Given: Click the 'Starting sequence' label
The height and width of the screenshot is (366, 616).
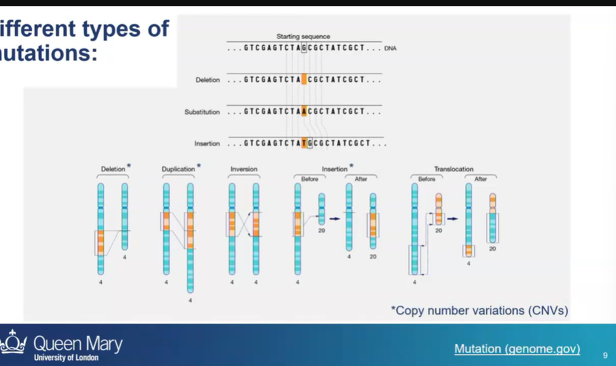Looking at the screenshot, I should tap(303, 36).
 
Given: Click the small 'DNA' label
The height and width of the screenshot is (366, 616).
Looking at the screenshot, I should tap(390, 48).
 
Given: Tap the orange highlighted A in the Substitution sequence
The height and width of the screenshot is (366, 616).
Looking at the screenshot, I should tap(304, 111).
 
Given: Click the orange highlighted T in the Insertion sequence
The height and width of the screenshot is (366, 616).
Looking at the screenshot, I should tap(304, 143).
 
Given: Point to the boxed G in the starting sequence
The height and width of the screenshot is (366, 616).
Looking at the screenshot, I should tap(304, 48).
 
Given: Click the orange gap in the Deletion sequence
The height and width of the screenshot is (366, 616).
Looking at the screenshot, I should tap(304, 80).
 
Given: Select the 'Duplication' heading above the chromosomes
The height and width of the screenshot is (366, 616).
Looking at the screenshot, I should tap(178, 169).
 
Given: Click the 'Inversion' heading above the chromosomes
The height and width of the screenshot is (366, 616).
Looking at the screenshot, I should tap(244, 169).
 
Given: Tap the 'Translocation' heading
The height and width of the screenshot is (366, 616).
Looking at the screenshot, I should tap(453, 169).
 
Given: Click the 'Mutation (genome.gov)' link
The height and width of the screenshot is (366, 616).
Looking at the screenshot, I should tap(517, 349).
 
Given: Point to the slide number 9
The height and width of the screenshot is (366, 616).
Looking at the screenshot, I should tap(605, 355).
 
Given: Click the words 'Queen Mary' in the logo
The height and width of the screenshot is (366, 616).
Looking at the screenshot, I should tap(78, 343).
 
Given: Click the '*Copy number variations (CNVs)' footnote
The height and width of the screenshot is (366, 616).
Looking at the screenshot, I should tap(479, 311).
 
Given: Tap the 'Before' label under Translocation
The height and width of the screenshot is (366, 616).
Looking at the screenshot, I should tap(426, 179).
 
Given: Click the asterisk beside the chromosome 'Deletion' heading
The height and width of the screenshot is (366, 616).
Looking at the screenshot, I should tap(129, 166).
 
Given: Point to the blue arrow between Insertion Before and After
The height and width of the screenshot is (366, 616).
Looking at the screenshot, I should tap(335, 219).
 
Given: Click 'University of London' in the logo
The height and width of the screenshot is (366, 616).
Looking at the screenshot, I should tap(66, 358).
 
